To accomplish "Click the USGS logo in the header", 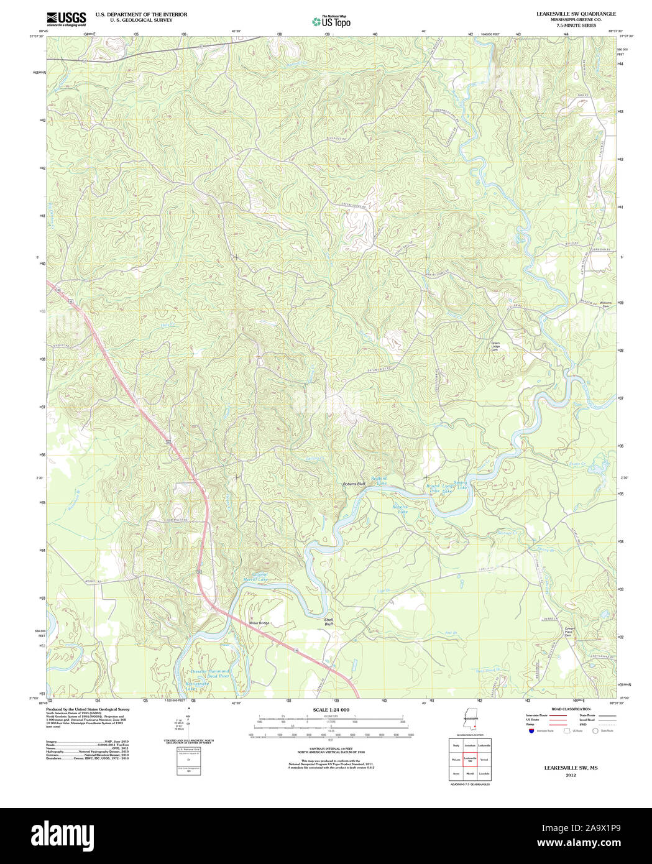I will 66,19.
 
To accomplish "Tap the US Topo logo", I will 331,21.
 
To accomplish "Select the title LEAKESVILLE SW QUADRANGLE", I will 576,14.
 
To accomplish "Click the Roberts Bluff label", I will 354,484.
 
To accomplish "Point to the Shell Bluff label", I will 329,622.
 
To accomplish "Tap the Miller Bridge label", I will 259,623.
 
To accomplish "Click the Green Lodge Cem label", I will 495,346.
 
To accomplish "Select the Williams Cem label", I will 605,305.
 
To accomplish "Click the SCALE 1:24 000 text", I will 331,710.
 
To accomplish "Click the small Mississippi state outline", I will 469,721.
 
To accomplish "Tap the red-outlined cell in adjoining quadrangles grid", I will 470,760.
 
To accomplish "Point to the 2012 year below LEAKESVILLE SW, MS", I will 571,776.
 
